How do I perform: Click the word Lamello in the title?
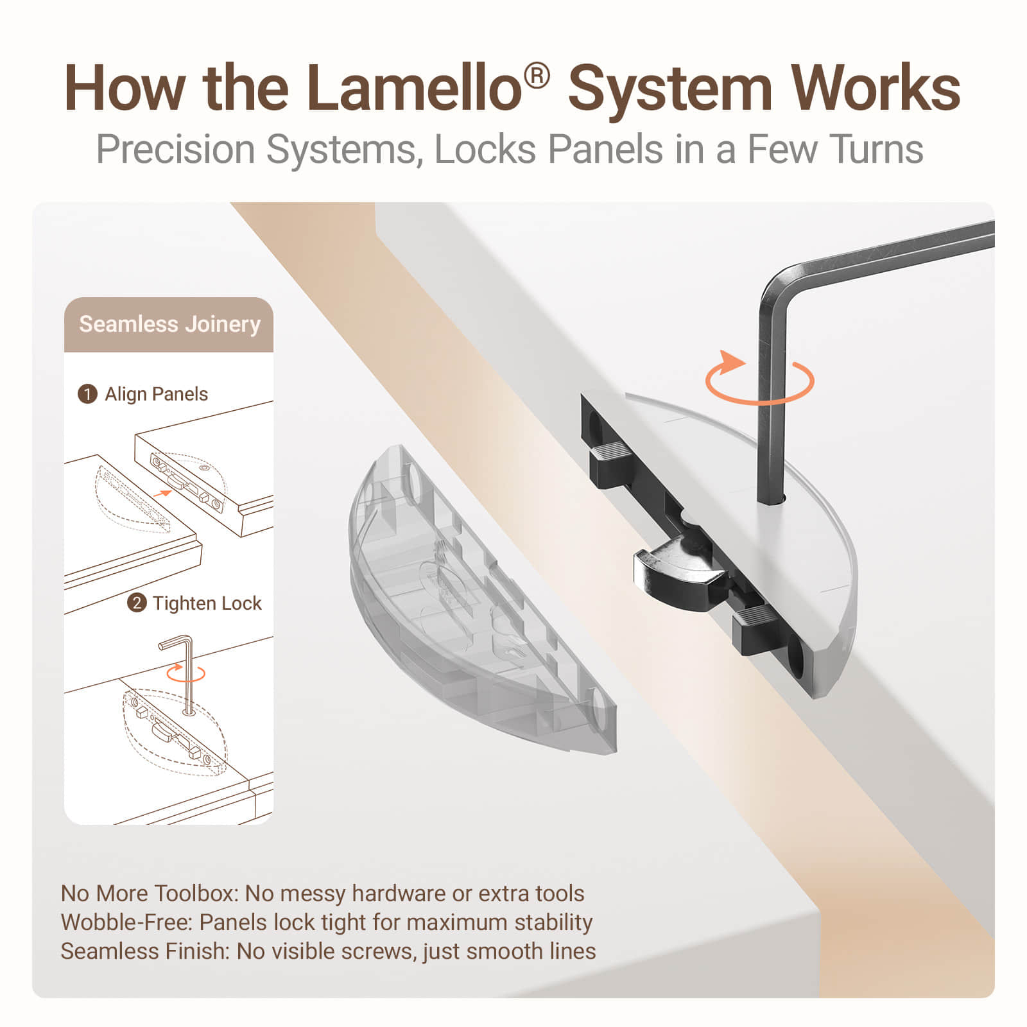[414, 88]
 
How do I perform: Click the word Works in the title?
[876, 88]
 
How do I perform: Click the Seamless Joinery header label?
[169, 324]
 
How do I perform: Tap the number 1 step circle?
[87, 394]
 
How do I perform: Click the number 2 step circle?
[136, 603]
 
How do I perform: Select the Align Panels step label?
[157, 394]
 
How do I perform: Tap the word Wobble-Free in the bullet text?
[126, 922]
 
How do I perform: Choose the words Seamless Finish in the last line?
[144, 951]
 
